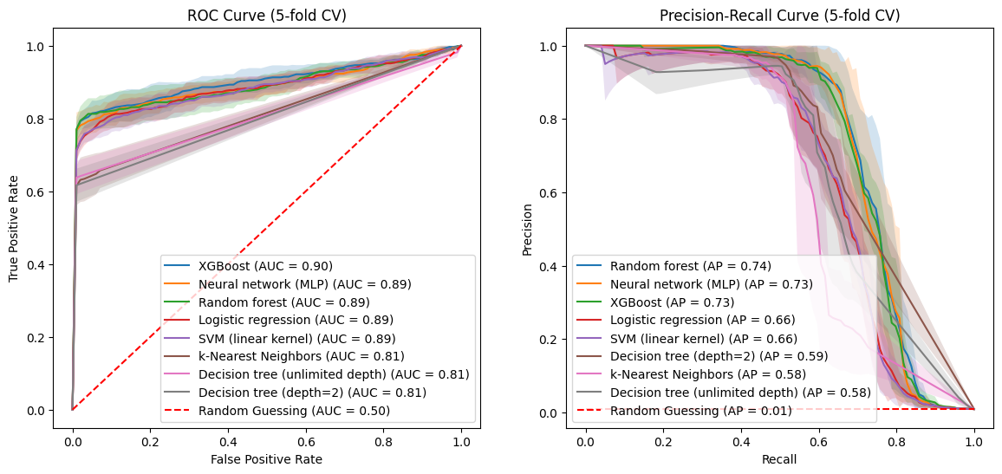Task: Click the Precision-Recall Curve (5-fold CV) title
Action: click(x=779, y=16)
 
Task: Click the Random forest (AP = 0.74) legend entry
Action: click(x=690, y=266)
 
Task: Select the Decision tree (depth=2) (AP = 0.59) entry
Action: click(x=719, y=356)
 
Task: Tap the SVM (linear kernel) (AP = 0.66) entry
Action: click(x=703, y=338)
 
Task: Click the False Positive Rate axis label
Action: click(x=266, y=459)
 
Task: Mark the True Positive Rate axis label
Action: click(x=14, y=226)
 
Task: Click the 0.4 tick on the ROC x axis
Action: click(x=228, y=441)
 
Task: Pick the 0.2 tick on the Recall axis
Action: click(x=663, y=441)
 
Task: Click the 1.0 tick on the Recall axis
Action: click(x=974, y=441)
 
